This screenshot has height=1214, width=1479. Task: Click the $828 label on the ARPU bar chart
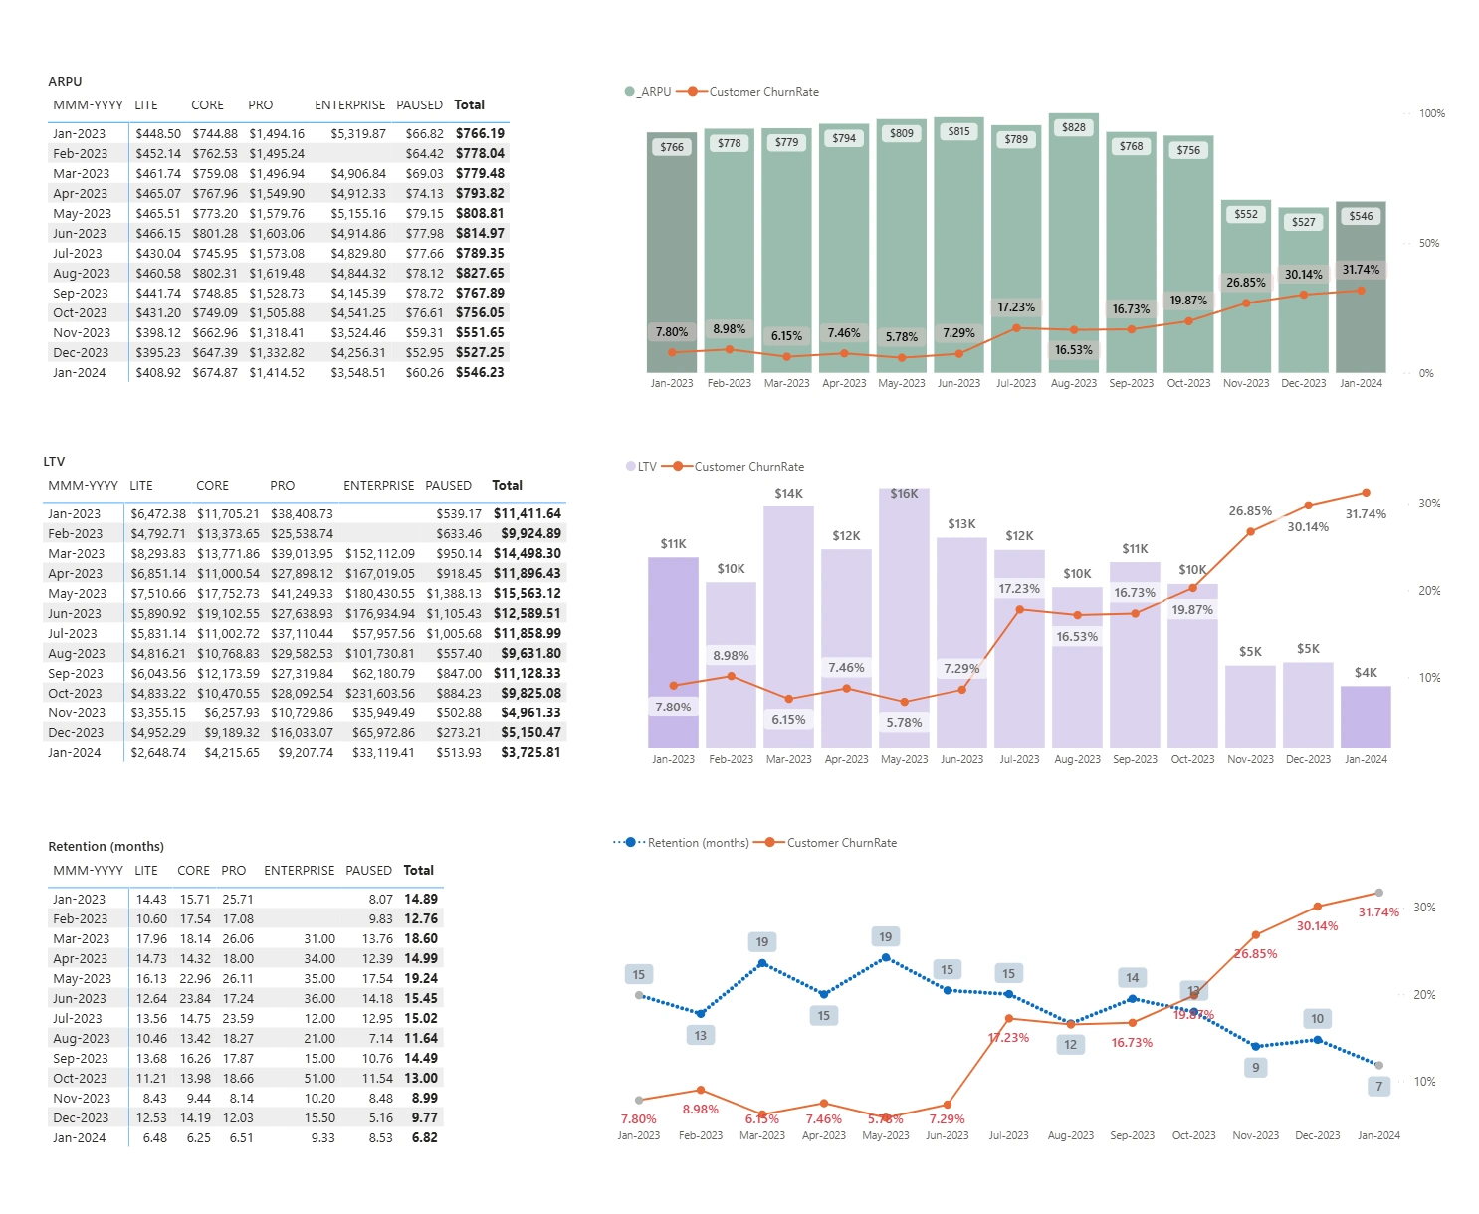click(1073, 127)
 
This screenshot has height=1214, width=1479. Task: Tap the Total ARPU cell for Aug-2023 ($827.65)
click(480, 273)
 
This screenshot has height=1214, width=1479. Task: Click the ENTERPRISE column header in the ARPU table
click(349, 104)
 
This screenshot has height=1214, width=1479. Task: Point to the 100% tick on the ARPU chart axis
click(1431, 113)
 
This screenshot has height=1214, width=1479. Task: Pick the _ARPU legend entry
click(648, 92)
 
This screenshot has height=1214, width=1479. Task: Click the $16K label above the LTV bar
click(904, 494)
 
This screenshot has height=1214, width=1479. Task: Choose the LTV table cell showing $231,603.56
click(379, 693)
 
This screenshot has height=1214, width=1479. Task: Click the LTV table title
click(54, 462)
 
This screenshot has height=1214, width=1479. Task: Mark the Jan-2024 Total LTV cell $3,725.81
click(530, 752)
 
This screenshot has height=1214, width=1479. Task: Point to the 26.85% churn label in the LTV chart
click(1250, 511)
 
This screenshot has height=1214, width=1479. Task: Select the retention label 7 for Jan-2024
click(1378, 1086)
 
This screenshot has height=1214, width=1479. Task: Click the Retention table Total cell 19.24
click(421, 978)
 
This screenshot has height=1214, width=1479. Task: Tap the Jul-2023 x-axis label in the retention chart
click(1008, 1135)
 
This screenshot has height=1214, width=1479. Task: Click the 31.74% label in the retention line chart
click(1378, 912)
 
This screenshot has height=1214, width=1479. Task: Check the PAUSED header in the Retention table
click(368, 870)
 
